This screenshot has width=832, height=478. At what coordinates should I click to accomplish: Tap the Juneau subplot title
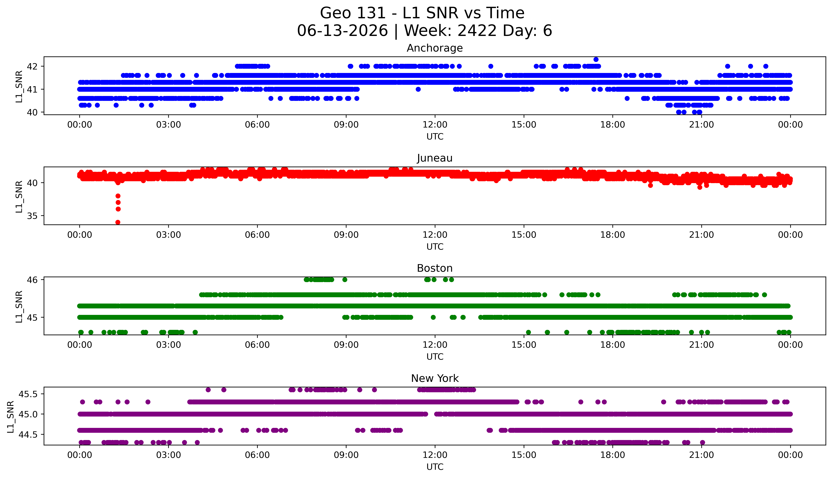pos(435,158)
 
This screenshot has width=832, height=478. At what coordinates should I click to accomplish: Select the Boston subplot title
pos(435,268)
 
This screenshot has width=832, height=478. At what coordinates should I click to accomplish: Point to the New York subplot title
pos(435,379)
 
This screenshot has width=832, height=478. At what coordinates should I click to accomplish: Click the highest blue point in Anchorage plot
pos(596,59)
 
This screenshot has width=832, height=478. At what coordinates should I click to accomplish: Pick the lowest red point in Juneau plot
pos(118,222)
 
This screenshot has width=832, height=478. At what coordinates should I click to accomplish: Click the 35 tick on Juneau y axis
pos(32,216)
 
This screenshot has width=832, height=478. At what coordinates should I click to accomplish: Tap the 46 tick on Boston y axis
pos(32,280)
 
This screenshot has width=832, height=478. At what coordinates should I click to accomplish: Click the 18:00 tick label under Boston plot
pos(613,345)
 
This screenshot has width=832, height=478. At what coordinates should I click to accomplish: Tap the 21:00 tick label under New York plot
pos(701,455)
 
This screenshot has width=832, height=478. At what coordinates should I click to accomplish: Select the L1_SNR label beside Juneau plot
pos(19,196)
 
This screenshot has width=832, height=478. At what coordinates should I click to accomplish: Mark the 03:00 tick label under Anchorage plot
pos(169,125)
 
